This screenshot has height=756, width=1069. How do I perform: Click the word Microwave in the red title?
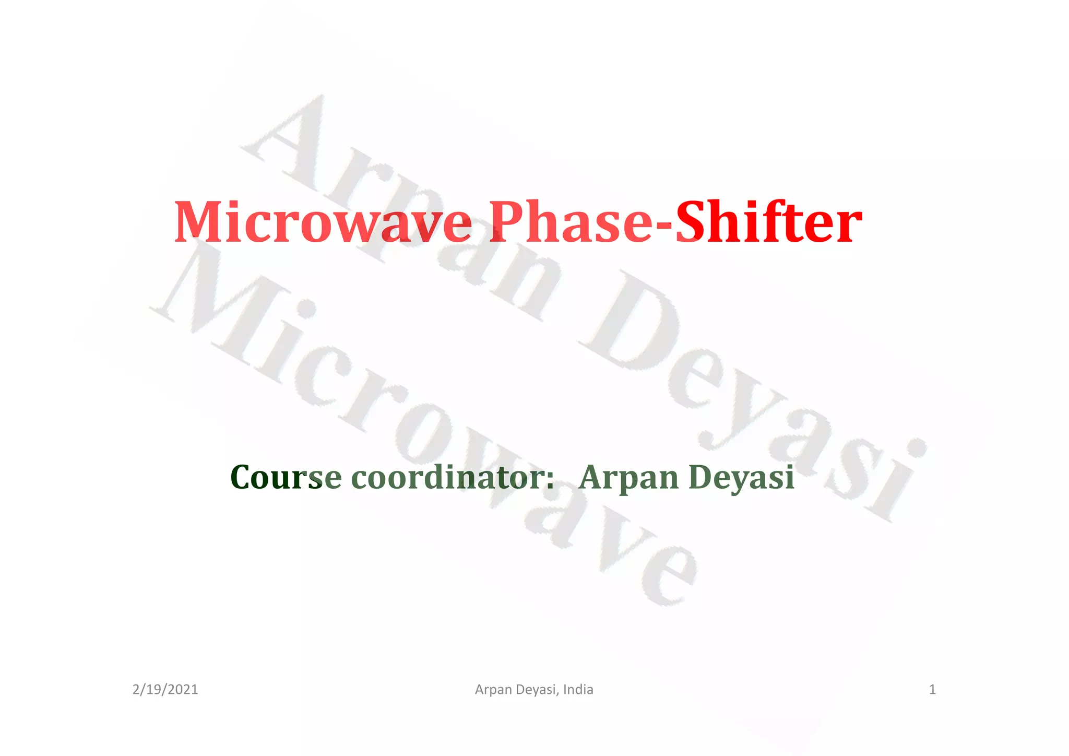click(x=322, y=223)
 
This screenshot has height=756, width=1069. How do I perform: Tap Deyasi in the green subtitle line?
click(x=742, y=478)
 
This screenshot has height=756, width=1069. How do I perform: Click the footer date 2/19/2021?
click(x=165, y=690)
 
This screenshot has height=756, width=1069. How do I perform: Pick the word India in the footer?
click(x=578, y=690)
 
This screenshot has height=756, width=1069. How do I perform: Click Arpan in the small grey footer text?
click(x=493, y=690)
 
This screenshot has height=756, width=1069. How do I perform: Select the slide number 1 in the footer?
click(x=932, y=690)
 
